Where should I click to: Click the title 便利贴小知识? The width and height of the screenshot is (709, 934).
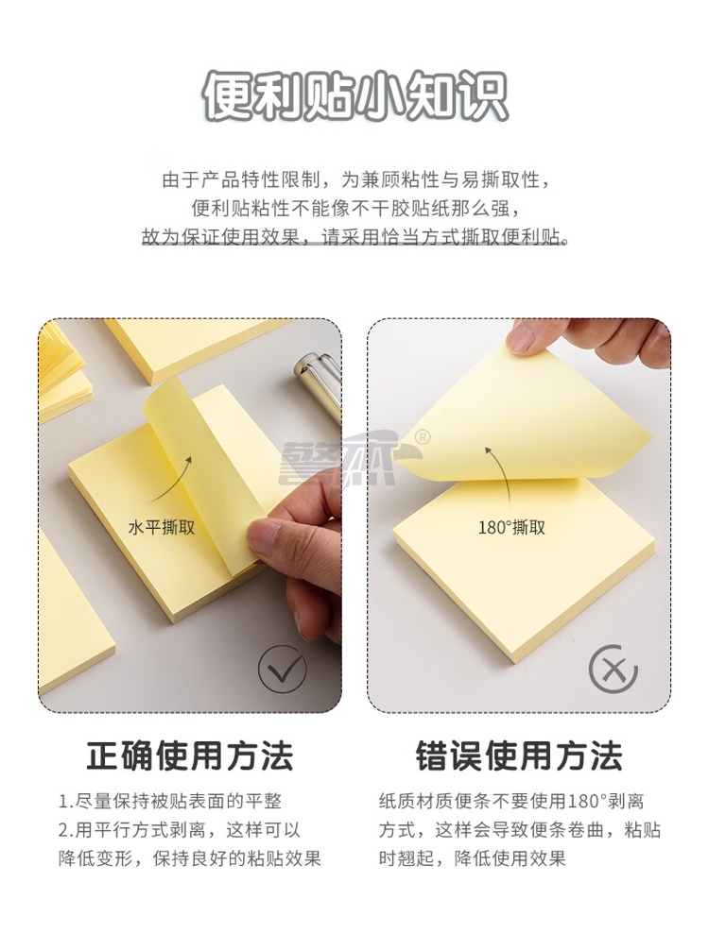click(354, 96)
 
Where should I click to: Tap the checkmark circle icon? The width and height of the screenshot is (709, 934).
click(282, 669)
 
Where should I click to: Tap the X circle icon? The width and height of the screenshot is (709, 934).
click(613, 669)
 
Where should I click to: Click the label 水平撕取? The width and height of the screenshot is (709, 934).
click(162, 527)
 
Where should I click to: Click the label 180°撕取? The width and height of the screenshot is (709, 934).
click(511, 527)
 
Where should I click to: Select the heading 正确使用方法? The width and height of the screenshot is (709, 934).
click(190, 756)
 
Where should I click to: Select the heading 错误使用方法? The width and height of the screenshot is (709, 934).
click(519, 756)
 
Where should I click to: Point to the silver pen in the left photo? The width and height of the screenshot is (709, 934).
click(318, 382)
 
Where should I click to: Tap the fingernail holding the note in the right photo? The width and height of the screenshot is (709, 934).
click(519, 336)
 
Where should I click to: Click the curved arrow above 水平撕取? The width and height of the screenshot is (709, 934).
click(170, 480)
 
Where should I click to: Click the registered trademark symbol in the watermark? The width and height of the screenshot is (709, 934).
click(423, 436)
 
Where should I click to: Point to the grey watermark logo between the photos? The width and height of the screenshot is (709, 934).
click(352, 459)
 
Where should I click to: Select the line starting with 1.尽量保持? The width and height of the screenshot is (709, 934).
click(170, 801)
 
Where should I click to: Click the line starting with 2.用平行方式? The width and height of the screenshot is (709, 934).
click(179, 830)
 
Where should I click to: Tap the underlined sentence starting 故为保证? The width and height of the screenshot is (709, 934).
click(354, 237)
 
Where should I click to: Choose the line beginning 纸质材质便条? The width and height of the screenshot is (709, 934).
click(511, 801)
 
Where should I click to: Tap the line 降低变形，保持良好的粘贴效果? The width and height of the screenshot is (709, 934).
click(190, 858)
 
